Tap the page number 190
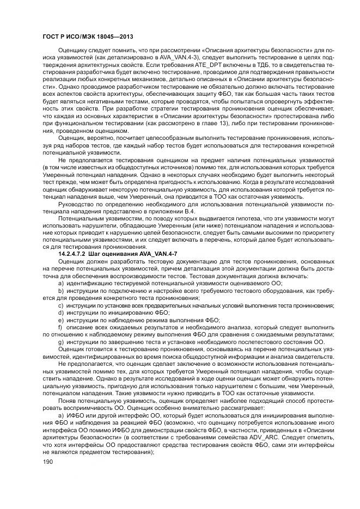[x=41, y=462]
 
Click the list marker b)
[x=60, y=291]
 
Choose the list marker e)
[x=60, y=320]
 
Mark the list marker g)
[x=60, y=341]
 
